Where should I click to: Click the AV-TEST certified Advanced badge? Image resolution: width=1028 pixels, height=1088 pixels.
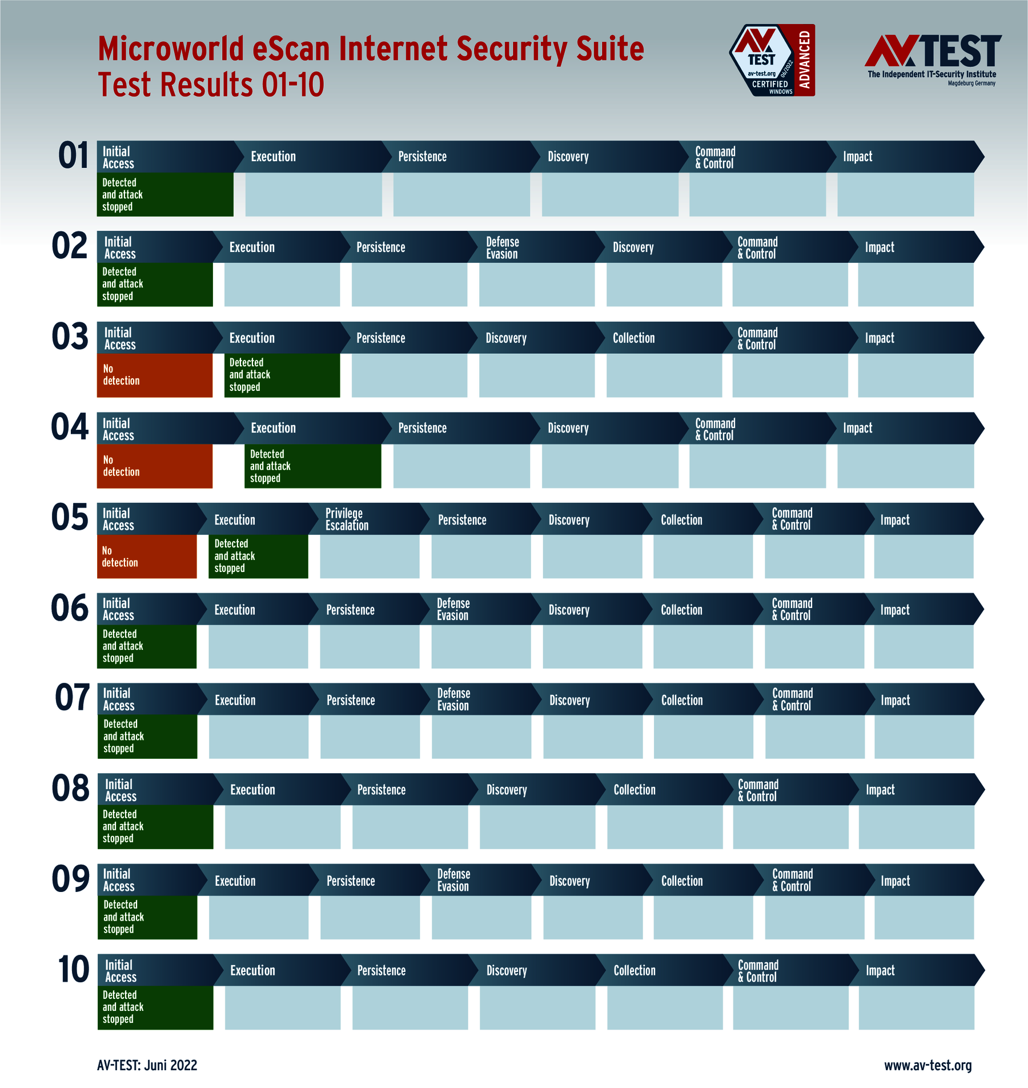[x=772, y=60]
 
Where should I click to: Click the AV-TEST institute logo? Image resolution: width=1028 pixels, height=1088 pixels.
[x=932, y=59]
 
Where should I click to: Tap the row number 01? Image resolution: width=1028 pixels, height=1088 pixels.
[x=74, y=156]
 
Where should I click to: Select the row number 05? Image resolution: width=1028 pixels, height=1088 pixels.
[x=70, y=518]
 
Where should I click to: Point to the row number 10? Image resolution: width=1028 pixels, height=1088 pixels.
[x=74, y=970]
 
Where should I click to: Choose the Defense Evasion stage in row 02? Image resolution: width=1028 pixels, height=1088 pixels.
[x=531, y=247]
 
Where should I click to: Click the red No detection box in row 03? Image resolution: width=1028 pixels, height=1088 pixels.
[x=155, y=375]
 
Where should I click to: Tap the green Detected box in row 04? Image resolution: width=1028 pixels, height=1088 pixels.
[x=312, y=466]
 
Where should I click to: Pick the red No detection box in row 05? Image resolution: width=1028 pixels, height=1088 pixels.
[x=147, y=557]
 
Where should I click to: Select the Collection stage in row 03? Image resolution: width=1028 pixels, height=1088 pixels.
[x=657, y=338]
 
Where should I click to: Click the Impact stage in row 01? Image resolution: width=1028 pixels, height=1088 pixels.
[x=902, y=157]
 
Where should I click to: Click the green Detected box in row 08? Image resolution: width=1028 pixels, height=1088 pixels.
[x=155, y=827]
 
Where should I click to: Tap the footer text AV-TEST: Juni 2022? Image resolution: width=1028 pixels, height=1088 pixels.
[x=147, y=1065]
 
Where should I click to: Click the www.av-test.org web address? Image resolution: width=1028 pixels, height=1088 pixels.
[x=927, y=1065]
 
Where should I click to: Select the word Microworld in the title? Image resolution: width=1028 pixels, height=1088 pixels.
[x=171, y=49]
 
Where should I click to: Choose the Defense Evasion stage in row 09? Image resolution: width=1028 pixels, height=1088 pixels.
[x=477, y=880]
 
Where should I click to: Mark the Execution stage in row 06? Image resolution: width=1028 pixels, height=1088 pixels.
[x=251, y=610]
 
